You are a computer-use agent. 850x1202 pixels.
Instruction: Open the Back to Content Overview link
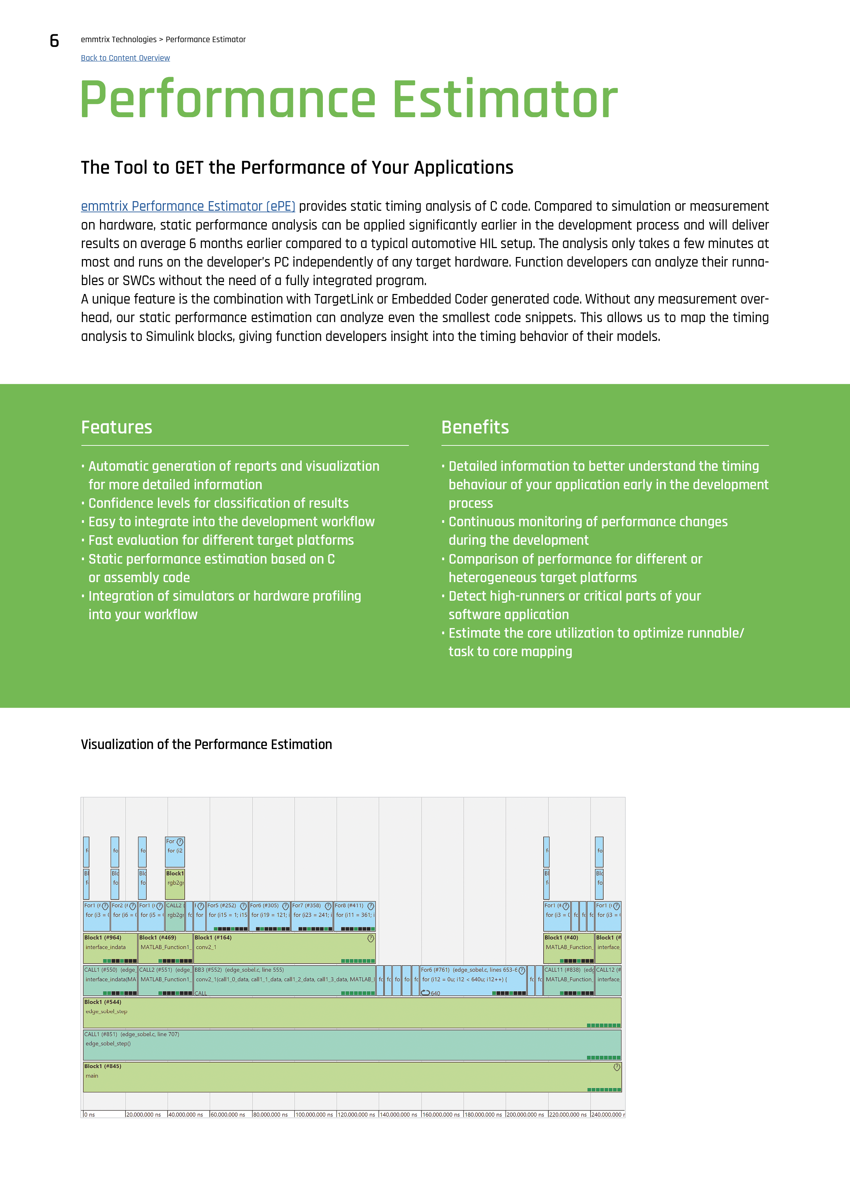click(x=125, y=58)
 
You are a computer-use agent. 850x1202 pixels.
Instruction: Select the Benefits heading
click(x=475, y=427)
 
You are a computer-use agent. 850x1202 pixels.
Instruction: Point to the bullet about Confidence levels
click(x=218, y=503)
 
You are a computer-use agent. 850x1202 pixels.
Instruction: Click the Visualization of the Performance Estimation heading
click(x=206, y=745)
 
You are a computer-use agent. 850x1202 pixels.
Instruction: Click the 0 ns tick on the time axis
click(x=89, y=1115)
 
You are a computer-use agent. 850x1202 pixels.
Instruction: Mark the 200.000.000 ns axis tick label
click(x=526, y=1115)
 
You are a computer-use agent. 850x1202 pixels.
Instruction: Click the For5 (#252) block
click(x=227, y=916)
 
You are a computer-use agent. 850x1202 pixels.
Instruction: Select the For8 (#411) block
click(x=354, y=916)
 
